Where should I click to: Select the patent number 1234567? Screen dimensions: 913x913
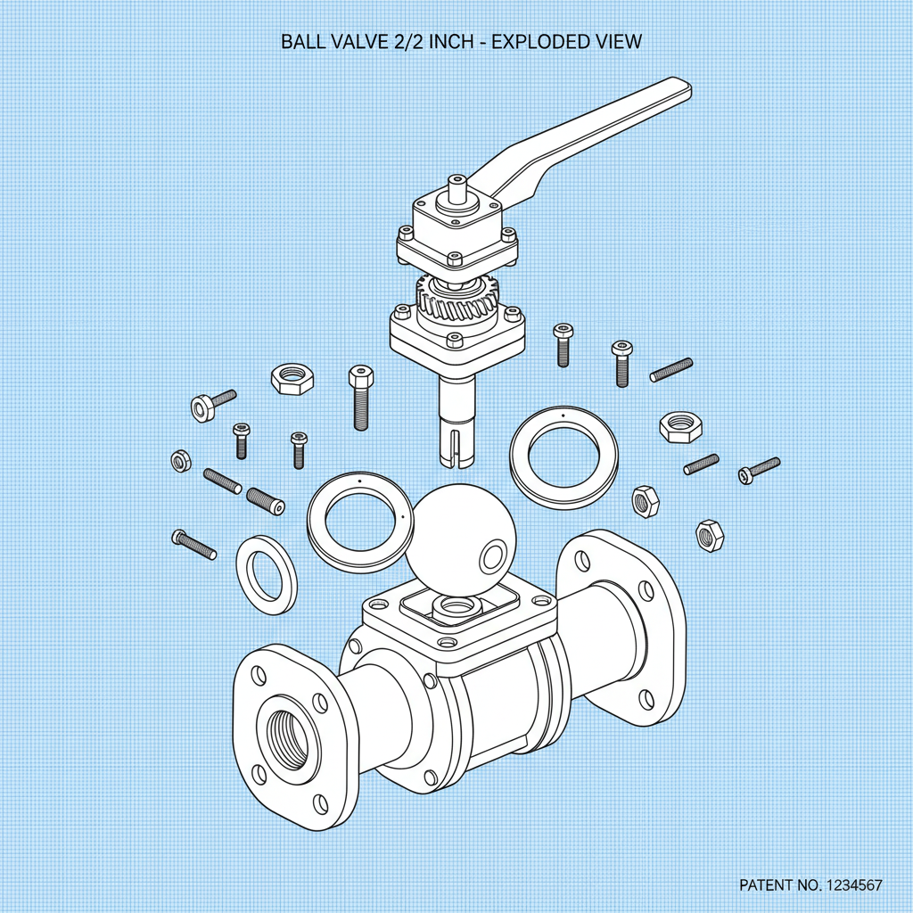(847, 885)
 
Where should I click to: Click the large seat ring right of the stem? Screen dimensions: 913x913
(564, 458)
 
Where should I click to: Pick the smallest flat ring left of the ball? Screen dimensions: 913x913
(267, 574)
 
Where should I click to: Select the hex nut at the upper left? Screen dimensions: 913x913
(292, 379)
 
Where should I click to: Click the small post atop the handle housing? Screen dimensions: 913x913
(456, 186)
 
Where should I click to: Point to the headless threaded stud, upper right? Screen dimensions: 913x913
(671, 369)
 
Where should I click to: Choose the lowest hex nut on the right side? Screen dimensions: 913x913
(710, 535)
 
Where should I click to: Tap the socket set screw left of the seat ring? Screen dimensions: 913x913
(264, 500)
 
